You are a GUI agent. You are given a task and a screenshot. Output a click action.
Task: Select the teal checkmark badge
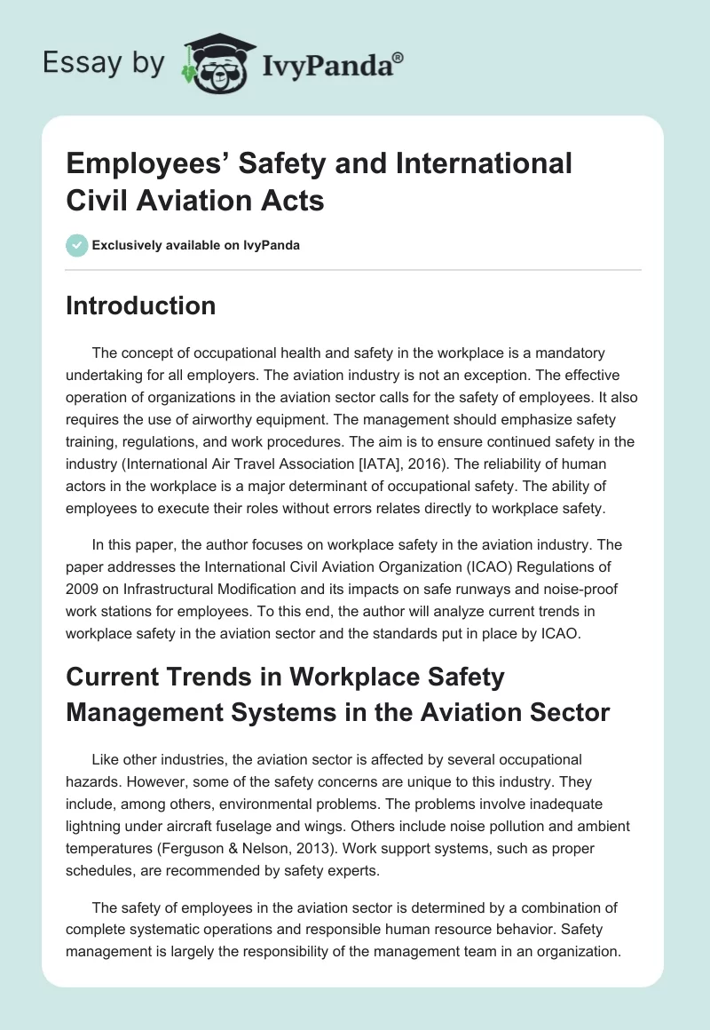pyautogui.click(x=77, y=245)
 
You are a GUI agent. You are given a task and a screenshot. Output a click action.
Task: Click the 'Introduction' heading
pyautogui.click(x=141, y=305)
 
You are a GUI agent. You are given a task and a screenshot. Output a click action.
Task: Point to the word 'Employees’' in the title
pyautogui.click(x=144, y=163)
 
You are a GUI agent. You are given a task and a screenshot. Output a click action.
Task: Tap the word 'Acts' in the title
pyautogui.click(x=296, y=201)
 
